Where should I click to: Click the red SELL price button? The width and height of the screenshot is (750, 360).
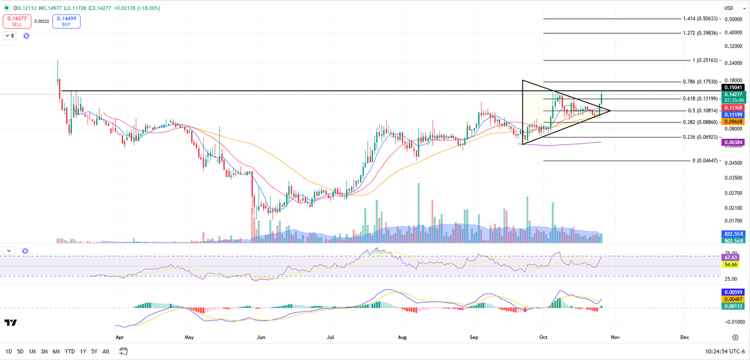(17, 21)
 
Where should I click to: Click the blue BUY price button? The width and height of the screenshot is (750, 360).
(66, 21)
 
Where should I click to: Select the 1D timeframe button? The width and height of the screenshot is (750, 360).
(9, 351)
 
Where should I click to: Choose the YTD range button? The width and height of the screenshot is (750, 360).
(69, 351)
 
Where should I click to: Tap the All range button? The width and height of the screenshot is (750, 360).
(106, 351)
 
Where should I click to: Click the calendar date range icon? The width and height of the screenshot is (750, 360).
(124, 351)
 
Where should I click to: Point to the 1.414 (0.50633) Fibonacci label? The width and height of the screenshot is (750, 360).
(701, 19)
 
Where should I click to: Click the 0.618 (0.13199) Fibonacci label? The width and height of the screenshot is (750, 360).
(701, 99)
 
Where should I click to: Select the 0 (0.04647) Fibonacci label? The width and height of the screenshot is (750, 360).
(705, 161)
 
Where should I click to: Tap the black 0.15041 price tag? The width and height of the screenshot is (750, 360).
(733, 87)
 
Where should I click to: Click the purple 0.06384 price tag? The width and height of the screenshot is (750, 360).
(733, 142)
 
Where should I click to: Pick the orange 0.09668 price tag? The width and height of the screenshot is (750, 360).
(733, 122)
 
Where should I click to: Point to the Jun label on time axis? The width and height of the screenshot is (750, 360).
(261, 337)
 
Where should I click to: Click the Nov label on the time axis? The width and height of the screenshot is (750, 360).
(615, 337)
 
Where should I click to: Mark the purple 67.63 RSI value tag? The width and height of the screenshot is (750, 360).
(731, 257)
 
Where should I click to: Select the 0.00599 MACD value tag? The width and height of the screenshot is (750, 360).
(733, 292)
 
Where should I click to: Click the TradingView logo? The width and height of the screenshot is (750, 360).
(11, 322)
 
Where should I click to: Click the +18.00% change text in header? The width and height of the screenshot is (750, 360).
(149, 8)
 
